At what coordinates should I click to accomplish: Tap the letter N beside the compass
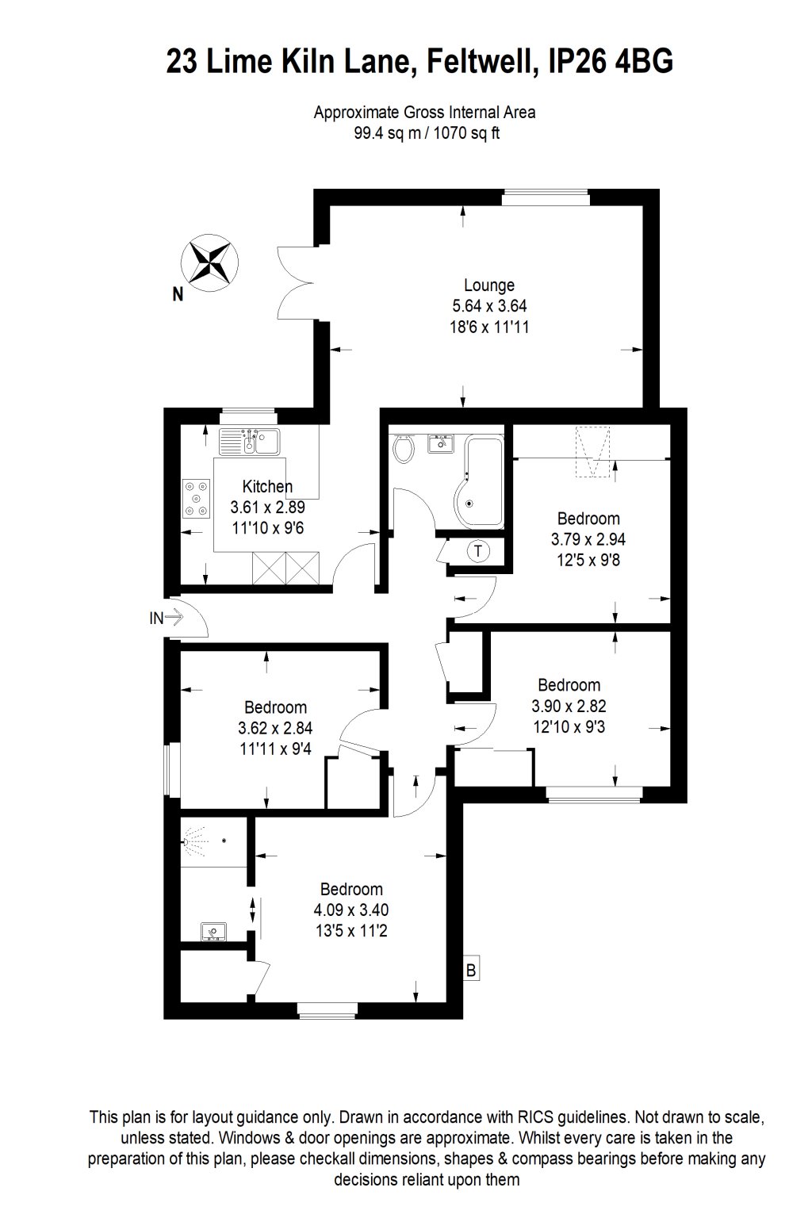pos(178,294)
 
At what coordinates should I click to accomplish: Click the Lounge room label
pos(489,285)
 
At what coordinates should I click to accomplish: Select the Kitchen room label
pos(267,486)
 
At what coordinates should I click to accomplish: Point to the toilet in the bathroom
pos(403,448)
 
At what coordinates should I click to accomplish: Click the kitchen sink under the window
pos(250,442)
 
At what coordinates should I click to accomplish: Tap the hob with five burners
pos(197,498)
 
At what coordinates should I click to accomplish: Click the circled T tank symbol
pos(478,551)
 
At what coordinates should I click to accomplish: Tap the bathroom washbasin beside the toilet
pos(440,443)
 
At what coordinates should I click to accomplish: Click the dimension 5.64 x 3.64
pos(489,305)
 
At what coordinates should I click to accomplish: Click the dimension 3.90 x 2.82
pos(569,706)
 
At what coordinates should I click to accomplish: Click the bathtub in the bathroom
pos(479,482)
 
